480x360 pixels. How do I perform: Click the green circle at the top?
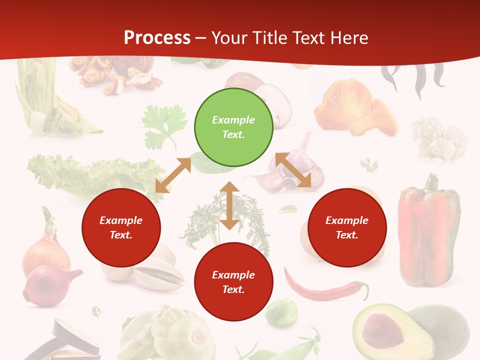pos(233,127)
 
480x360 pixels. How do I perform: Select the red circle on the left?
pos(121,228)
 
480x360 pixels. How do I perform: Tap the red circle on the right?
pos(347,228)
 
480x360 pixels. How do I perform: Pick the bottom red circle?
pos(233,282)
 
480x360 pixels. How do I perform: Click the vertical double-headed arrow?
pos(229,205)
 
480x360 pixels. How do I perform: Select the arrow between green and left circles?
pos(173,175)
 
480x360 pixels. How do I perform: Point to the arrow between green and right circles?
pos(293,170)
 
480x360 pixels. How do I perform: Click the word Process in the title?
pos(157,37)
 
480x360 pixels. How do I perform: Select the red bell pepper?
pos(428,232)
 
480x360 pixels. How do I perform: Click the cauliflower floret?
pos(438,137)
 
